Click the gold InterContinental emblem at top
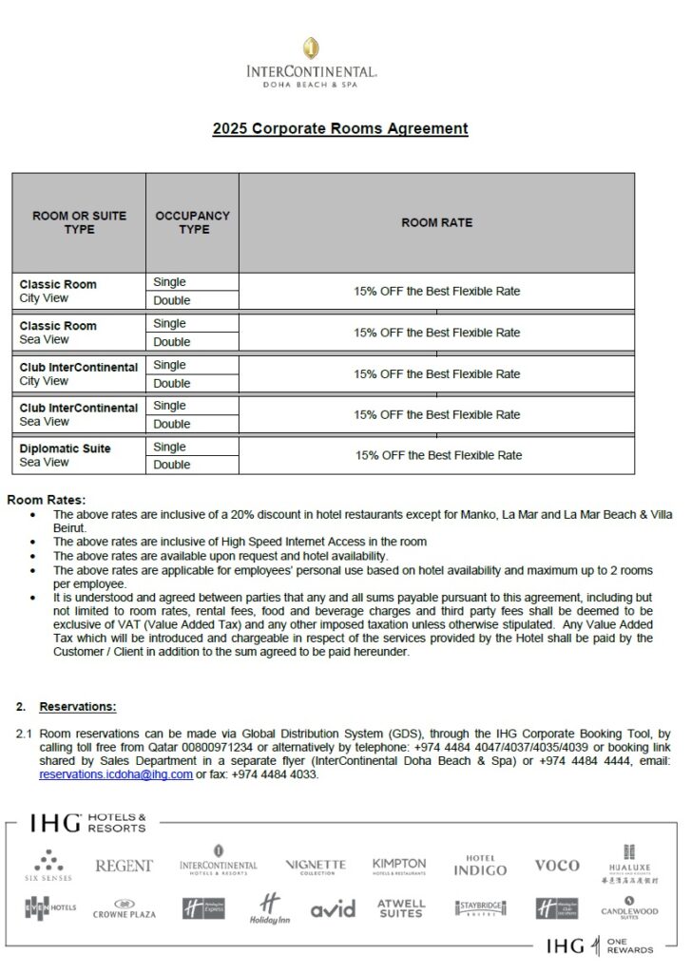(x=311, y=48)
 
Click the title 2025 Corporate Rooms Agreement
(x=340, y=128)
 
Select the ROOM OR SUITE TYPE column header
(x=79, y=222)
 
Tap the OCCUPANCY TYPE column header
(x=193, y=222)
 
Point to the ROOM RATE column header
(x=436, y=222)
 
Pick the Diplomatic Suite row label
(x=65, y=448)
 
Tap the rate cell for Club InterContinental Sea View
(x=437, y=414)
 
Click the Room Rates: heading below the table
(x=46, y=500)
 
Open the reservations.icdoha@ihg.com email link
(x=116, y=774)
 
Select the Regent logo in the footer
(x=124, y=866)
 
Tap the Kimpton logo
(x=399, y=866)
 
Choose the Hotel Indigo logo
(x=480, y=866)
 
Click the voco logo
(x=557, y=866)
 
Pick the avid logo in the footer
(x=333, y=909)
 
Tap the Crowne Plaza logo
(x=124, y=909)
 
